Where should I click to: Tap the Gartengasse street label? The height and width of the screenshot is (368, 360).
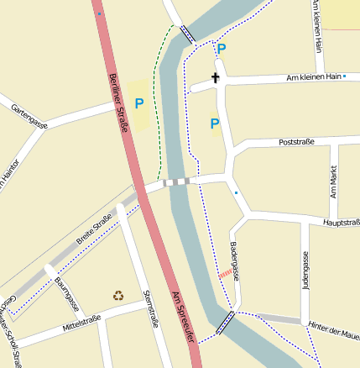pyautogui.click(x=29, y=117)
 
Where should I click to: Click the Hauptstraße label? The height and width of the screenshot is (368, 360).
pyautogui.click(x=340, y=223)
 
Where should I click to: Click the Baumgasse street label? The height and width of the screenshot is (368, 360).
pyautogui.click(x=66, y=293)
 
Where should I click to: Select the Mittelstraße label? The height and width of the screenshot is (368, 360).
pyautogui.click(x=81, y=326)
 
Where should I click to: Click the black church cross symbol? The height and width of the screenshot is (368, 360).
pyautogui.click(x=216, y=78)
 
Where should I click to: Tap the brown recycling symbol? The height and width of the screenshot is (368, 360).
pyautogui.click(x=118, y=295)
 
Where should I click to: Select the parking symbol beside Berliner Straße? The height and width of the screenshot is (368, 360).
pyautogui.click(x=139, y=103)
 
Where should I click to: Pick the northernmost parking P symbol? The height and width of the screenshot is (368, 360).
pyautogui.click(x=222, y=49)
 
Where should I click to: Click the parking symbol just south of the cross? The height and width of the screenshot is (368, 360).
pyautogui.click(x=215, y=124)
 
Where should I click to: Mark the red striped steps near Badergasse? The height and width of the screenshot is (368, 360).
pyautogui.click(x=225, y=274)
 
